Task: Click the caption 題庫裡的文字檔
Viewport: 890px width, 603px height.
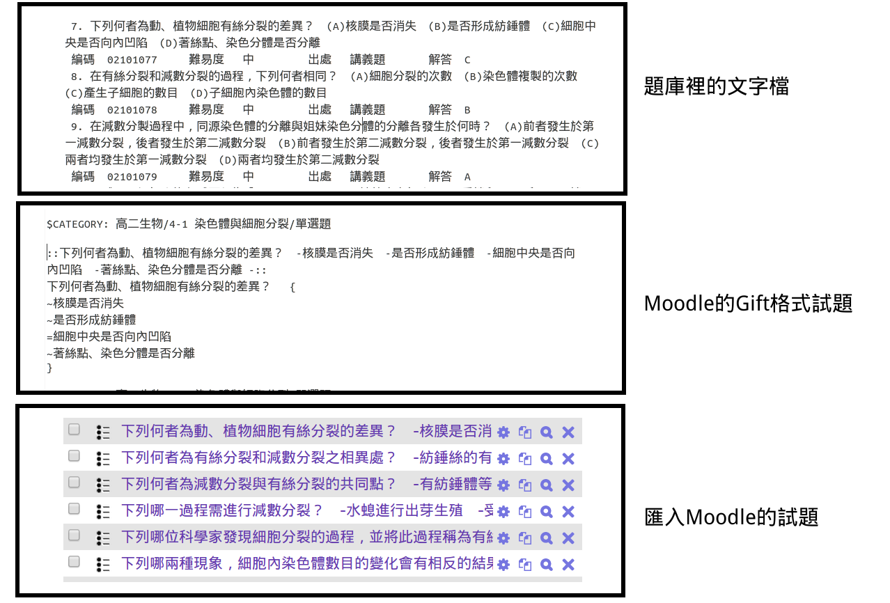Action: (x=716, y=86)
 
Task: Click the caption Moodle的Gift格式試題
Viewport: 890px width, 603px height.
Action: (x=748, y=304)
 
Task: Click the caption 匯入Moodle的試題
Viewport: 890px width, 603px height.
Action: (x=731, y=517)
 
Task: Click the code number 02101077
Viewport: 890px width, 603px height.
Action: (x=132, y=60)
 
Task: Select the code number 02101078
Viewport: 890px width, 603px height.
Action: (x=132, y=110)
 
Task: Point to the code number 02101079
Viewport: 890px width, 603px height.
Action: (x=132, y=177)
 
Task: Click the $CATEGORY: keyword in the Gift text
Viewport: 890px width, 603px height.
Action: (x=77, y=224)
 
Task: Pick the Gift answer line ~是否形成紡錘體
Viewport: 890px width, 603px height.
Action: (x=91, y=320)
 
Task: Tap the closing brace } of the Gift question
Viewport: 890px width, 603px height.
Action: (x=49, y=369)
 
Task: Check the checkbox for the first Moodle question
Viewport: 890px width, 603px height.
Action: (x=75, y=430)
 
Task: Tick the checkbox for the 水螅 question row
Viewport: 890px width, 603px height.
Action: (x=75, y=509)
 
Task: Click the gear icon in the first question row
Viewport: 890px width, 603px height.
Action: (x=503, y=432)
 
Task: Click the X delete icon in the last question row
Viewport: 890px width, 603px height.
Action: (x=568, y=565)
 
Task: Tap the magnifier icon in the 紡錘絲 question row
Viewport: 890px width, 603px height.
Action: (x=547, y=459)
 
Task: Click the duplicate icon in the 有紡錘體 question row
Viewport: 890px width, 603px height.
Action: (x=525, y=485)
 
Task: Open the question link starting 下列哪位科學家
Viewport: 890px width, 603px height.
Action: (x=306, y=537)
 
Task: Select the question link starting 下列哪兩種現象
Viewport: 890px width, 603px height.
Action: (x=306, y=563)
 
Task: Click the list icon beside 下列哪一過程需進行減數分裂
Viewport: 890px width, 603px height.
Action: (x=103, y=512)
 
